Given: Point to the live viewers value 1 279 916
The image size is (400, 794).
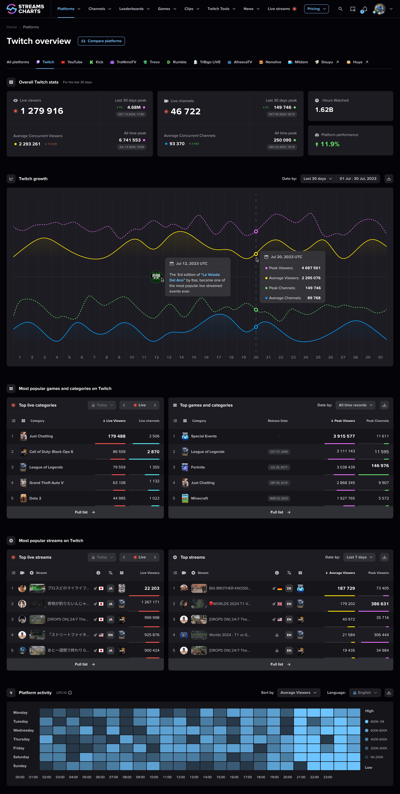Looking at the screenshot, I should coord(42,111).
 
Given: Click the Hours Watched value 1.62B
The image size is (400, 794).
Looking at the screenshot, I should coord(324,110).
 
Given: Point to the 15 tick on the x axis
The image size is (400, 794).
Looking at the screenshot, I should coord(194,357).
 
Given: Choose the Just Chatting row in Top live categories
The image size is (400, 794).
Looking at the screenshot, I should coord(41,436).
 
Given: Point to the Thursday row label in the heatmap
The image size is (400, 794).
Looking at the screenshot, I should coord(22,739).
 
